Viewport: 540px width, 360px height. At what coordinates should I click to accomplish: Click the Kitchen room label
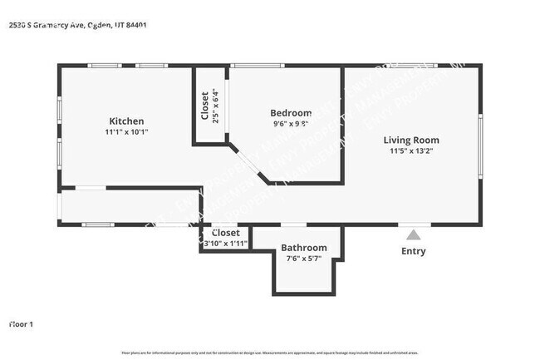coord(126,121)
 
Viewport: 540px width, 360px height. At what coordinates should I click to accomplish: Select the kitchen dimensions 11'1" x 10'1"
coord(126,132)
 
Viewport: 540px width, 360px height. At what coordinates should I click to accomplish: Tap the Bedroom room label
coord(291,113)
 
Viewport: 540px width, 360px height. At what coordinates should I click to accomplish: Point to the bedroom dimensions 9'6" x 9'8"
coord(291,124)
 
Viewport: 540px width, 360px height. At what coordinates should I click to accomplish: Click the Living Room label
coord(411,140)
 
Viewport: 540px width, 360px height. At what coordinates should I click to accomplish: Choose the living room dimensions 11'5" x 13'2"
coord(411,151)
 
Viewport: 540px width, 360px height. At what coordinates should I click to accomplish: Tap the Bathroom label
coord(303,248)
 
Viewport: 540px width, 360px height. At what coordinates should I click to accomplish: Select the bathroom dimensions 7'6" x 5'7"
coord(303,259)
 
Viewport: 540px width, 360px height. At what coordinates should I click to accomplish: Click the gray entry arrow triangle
coord(413,235)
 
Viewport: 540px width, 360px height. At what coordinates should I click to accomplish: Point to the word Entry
coord(413,251)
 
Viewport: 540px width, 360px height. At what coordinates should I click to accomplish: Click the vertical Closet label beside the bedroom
coord(205,105)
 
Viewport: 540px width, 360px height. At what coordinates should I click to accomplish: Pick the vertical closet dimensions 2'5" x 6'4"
coord(216,105)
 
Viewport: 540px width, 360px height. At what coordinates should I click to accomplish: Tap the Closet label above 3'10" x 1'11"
coord(225,234)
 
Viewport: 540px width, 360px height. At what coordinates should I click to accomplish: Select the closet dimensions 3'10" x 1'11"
coord(225,244)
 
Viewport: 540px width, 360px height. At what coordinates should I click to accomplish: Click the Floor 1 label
coord(22,323)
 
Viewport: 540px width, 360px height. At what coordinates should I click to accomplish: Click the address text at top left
coord(78,25)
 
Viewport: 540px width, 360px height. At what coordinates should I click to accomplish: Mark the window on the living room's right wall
coord(479,146)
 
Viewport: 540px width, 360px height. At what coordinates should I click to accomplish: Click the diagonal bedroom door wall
coord(247,163)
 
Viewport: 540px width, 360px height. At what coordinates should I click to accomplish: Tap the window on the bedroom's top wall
coord(258,66)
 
